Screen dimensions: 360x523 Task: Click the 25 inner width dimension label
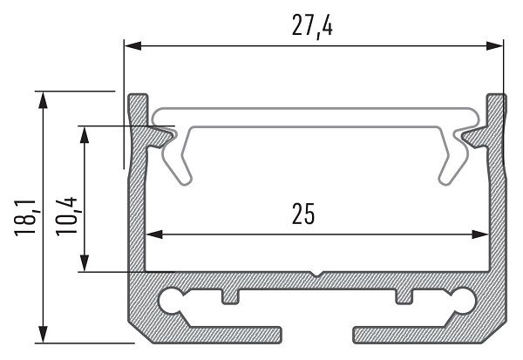[316, 213]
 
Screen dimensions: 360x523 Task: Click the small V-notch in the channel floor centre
[316, 276]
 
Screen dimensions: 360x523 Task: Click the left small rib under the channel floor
[230, 296]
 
